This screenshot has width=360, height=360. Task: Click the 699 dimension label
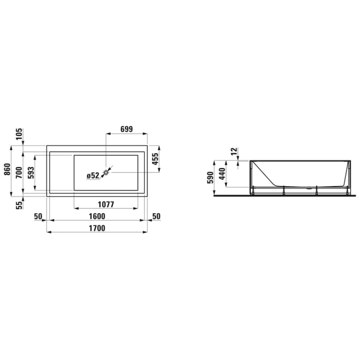click(x=125, y=130)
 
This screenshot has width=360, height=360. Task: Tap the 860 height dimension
click(x=7, y=170)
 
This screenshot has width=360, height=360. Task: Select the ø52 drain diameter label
click(x=93, y=175)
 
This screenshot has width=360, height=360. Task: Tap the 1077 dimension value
click(x=105, y=204)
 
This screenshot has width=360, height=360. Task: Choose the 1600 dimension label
click(x=96, y=217)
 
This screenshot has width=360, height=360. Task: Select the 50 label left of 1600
click(x=38, y=217)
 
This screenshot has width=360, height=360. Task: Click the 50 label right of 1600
click(x=157, y=217)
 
